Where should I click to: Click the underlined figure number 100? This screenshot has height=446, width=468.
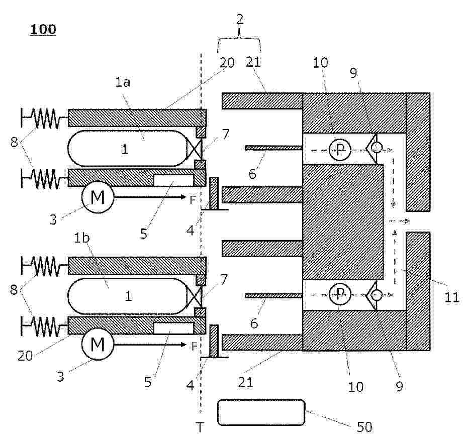43,30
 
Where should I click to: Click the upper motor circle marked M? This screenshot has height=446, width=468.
98,197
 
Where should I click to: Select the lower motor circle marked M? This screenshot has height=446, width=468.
98,345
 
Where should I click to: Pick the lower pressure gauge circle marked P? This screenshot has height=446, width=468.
340,294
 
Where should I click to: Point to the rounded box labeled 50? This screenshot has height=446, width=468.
261,413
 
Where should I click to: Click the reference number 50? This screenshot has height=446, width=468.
364,427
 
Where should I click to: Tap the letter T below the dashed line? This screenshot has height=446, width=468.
200,427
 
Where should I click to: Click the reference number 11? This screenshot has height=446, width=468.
451,297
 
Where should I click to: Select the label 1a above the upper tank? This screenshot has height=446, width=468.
123,82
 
